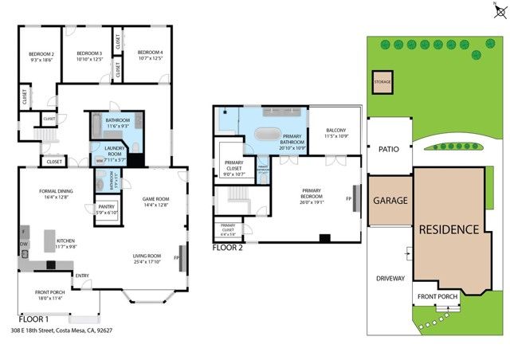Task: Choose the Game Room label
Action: [154, 201]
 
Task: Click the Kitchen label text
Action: [66, 243]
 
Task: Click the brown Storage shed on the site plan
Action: [382, 82]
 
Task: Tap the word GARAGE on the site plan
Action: [390, 201]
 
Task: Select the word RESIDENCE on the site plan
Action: [449, 229]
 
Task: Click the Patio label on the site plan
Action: [388, 148]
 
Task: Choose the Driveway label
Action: [390, 279]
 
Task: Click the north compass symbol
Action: [498, 11]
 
